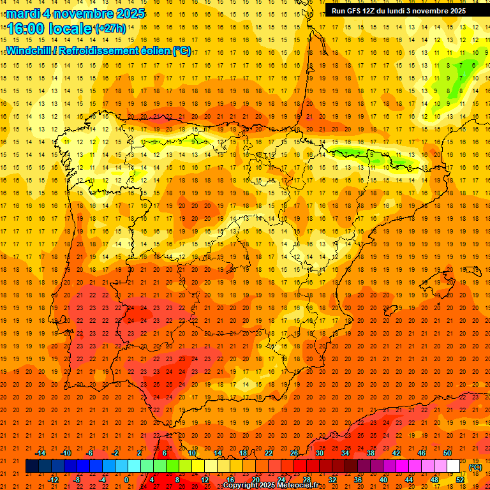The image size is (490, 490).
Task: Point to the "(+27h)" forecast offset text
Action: [110, 29]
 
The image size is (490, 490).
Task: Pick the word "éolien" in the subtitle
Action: [150, 50]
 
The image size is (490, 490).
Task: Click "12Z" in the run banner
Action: [380, 11]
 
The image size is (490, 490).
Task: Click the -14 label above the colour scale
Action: [41, 453]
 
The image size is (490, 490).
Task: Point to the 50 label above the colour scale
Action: [447, 453]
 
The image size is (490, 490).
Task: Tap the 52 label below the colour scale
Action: [460, 479]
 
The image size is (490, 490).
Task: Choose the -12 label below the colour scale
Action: [54, 479]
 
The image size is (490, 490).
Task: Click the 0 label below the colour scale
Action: [126, 479]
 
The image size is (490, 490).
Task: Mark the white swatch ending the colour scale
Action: [454, 466]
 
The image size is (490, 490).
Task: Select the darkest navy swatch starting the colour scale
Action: [32, 466]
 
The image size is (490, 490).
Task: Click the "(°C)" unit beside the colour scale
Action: [475, 466]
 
